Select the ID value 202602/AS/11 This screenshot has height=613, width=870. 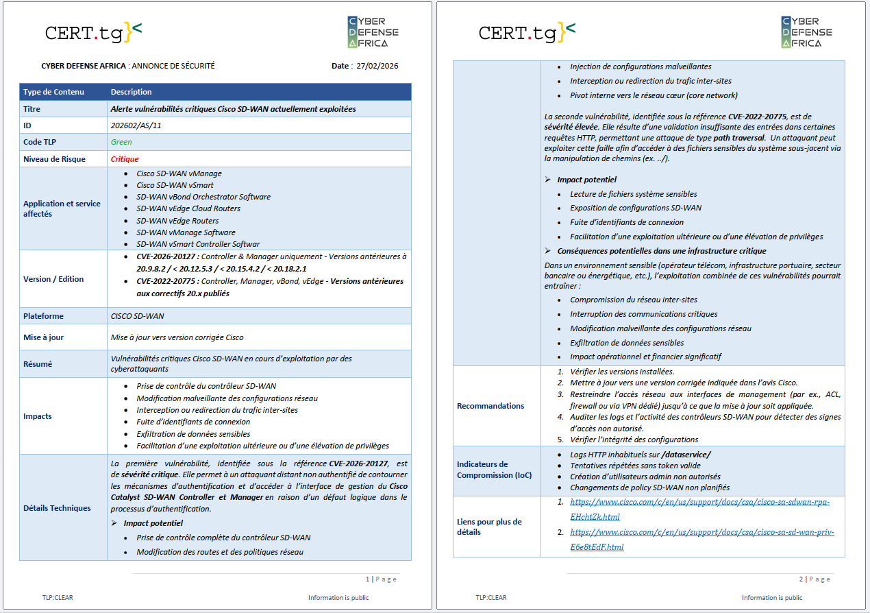tap(136, 125)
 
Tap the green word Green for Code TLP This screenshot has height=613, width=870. tap(121, 142)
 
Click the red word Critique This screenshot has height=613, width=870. tap(125, 159)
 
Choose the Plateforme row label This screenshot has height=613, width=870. tap(43, 316)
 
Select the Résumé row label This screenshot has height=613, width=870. tap(38, 364)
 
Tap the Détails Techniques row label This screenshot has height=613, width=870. tap(57, 508)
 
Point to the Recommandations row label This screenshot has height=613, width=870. tap(490, 406)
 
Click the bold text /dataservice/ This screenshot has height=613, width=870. tap(686, 455)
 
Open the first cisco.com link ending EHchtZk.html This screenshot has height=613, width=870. tap(699, 509)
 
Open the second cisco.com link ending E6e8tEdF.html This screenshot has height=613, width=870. tap(701, 539)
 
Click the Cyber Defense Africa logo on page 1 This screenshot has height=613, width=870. tap(373, 32)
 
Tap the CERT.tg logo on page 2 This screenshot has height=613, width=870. tap(527, 32)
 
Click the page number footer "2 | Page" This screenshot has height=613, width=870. tap(814, 579)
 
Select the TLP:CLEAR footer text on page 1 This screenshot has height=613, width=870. tap(58, 598)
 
